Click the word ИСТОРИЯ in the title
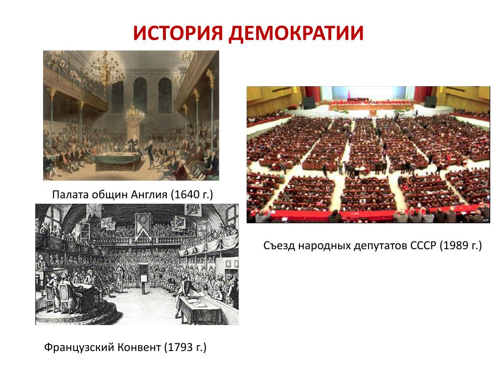tap(178, 33)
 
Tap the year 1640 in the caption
tap(187, 194)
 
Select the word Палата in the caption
tap(70, 194)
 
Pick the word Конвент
tap(138, 347)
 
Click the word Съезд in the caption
tap(279, 246)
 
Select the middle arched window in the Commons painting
tap(140, 94)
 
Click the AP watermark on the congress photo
tap(486, 220)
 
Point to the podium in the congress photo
tap(373, 112)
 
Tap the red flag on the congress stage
tap(349, 94)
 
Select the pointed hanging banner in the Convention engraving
tap(143, 225)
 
